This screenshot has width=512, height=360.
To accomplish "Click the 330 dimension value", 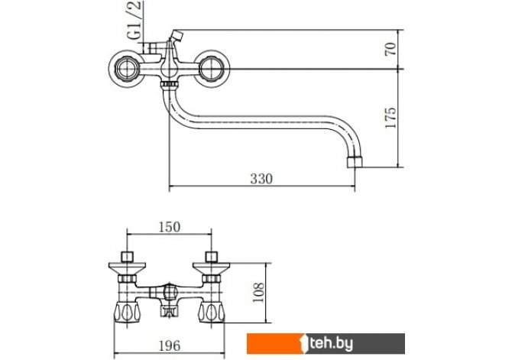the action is click(x=261, y=179).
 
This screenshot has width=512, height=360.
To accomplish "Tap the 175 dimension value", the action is click(x=390, y=118).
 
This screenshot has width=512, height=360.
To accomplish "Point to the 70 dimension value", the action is click(x=390, y=49).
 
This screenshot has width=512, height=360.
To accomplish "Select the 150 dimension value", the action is click(x=169, y=227).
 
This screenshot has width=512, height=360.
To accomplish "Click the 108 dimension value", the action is click(x=258, y=293).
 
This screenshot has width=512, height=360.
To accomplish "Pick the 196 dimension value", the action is click(x=169, y=345).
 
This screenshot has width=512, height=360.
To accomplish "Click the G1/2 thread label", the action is click(x=135, y=20).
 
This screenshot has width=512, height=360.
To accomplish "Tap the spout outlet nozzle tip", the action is click(x=355, y=162).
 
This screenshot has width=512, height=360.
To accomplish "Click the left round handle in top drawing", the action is click(x=125, y=69).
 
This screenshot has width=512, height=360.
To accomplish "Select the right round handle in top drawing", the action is click(x=212, y=69).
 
